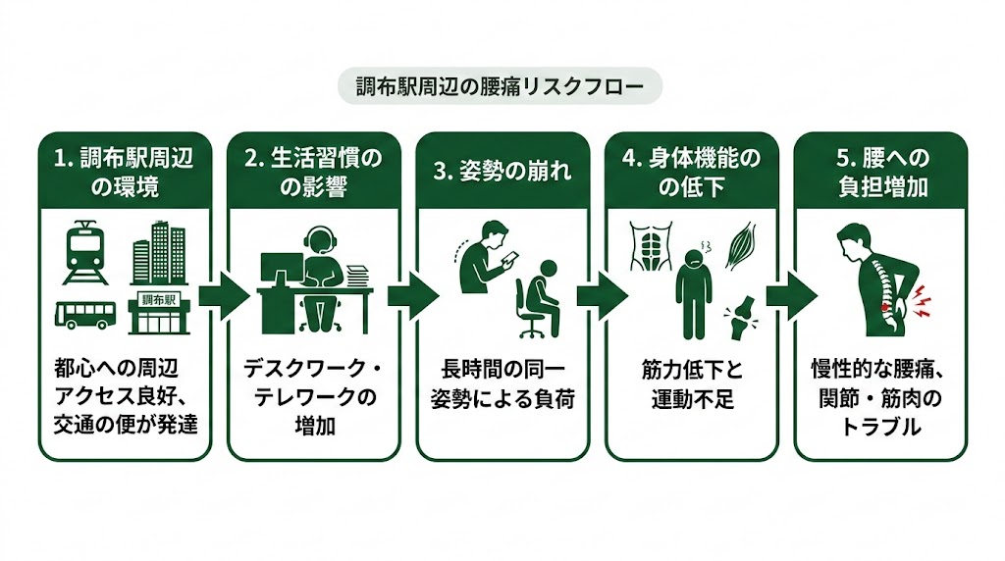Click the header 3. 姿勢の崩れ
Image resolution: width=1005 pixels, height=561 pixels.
click(x=502, y=173)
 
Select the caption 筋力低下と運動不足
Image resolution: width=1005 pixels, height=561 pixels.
click(x=691, y=384)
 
